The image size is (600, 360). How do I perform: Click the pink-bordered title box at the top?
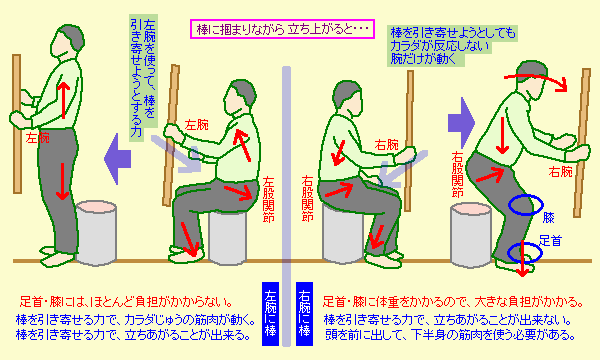click(x=282, y=29)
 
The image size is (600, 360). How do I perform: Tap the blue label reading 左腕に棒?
click(x=271, y=314)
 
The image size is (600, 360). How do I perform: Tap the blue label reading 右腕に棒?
click(x=304, y=314)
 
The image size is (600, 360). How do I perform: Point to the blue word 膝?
click(x=548, y=218)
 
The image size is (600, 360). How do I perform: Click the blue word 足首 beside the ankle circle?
click(x=551, y=241)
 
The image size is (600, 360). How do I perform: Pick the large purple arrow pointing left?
click(x=117, y=159)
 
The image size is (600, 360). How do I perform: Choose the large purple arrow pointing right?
click(x=461, y=123)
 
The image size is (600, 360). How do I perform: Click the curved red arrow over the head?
click(x=536, y=77)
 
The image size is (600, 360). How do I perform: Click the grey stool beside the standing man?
click(x=96, y=233)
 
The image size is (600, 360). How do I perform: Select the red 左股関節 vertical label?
click(x=269, y=199)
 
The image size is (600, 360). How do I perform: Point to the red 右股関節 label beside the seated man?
click(x=307, y=199)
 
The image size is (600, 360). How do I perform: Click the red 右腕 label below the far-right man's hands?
click(x=560, y=172)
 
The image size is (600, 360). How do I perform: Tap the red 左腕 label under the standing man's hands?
click(x=38, y=138)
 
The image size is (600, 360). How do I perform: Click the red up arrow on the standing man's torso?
click(x=64, y=100)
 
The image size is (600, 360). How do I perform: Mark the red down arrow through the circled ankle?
click(x=522, y=259)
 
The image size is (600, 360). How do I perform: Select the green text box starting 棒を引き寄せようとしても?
click(x=452, y=46)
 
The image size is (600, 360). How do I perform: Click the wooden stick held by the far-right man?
click(x=582, y=143)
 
